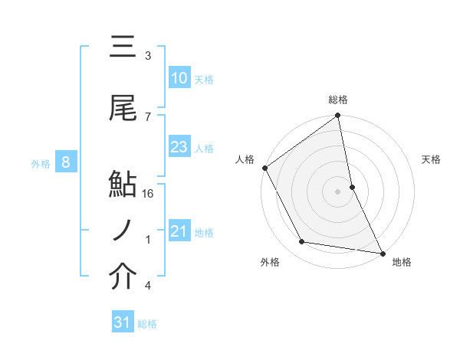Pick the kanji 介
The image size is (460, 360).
point(123,278)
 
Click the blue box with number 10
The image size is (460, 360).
point(179,78)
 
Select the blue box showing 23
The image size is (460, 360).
point(179,147)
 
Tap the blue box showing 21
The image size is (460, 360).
point(179,231)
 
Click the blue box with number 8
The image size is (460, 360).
point(66,162)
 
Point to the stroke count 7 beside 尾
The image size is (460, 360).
point(148,116)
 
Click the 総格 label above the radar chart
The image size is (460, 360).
point(338,100)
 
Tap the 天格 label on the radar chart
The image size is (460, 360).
point(432,159)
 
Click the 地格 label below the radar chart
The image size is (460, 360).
point(402,262)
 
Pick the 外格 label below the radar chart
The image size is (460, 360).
point(270,262)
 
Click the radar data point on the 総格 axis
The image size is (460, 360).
point(338,116)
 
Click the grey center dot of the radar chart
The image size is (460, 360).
point(338,191)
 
